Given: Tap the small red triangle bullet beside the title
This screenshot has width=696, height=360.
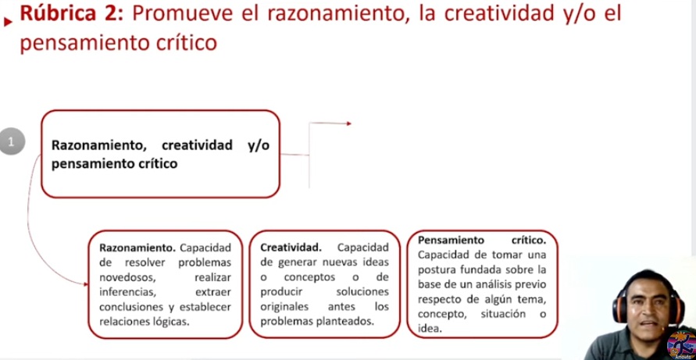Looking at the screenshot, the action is (x=8, y=22).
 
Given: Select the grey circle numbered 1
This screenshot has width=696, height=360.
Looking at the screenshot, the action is (x=12, y=141).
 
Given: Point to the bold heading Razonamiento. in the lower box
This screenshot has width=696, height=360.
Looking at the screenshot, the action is (x=137, y=248).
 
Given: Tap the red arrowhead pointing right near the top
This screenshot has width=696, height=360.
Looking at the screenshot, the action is (x=349, y=123).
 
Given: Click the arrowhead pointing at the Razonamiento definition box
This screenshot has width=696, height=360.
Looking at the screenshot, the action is (x=86, y=283).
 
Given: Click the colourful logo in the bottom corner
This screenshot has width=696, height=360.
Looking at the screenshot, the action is (x=681, y=344).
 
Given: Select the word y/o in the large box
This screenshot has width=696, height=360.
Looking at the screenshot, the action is (x=259, y=146).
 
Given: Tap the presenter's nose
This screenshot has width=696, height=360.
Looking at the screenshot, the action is (x=648, y=311).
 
